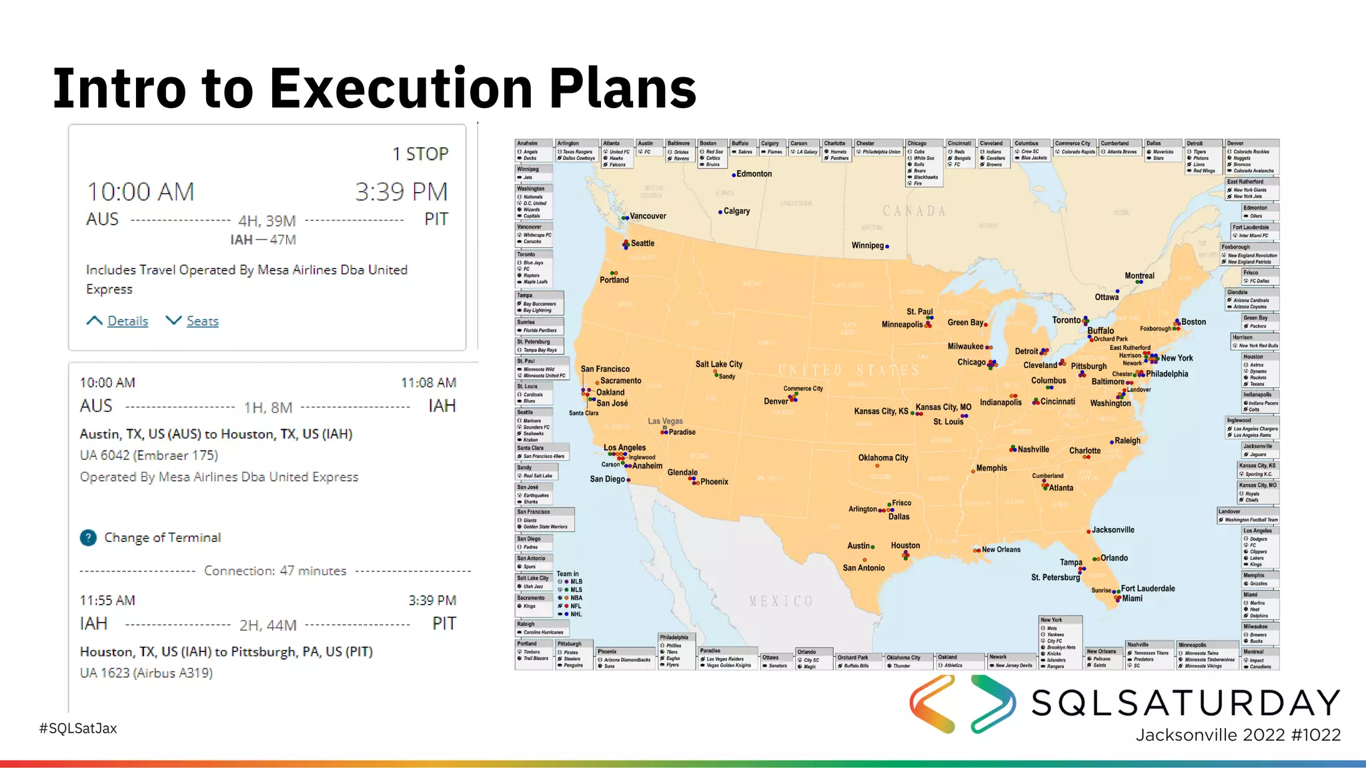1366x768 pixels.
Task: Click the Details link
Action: [x=127, y=321]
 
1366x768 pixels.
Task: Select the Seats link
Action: [x=202, y=321]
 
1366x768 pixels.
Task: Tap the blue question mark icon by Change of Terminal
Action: [x=88, y=537]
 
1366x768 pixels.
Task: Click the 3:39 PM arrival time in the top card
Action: [x=401, y=192]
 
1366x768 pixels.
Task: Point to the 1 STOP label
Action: [x=420, y=154]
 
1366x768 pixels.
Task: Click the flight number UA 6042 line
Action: [x=149, y=455]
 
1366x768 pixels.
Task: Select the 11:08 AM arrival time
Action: [x=428, y=383]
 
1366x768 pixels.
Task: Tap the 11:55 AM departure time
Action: [x=107, y=601]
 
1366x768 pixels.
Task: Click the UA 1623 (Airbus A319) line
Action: [x=146, y=673]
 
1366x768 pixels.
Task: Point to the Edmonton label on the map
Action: [x=754, y=174]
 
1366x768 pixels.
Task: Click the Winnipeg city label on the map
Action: [x=867, y=245]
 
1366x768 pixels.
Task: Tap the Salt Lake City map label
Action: [x=718, y=364]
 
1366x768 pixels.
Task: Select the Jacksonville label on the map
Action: [x=1113, y=530]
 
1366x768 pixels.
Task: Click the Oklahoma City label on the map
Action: [x=883, y=458]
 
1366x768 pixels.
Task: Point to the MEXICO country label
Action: [x=781, y=601]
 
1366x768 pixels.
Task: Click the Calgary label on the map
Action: [x=736, y=211]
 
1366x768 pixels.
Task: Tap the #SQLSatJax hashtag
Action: [x=78, y=728]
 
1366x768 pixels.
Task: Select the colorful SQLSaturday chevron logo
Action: [x=962, y=704]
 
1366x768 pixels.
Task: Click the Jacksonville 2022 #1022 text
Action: [x=1238, y=735]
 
